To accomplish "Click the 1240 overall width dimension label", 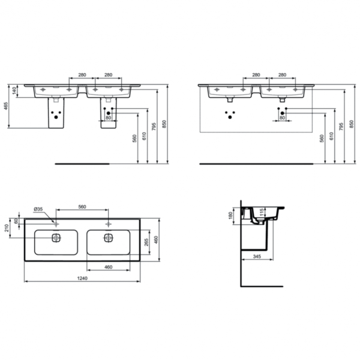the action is click(x=82, y=278).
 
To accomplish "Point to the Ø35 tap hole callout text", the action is click(x=38, y=209).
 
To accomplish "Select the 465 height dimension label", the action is click(x=6, y=106).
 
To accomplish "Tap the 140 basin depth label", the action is click(x=14, y=91).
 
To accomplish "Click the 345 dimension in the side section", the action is click(x=257, y=256).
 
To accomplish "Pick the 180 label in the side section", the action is click(x=231, y=215).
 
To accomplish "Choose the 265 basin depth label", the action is click(x=146, y=242).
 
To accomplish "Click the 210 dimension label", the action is click(x=7, y=228).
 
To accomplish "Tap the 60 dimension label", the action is click(x=16, y=221).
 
